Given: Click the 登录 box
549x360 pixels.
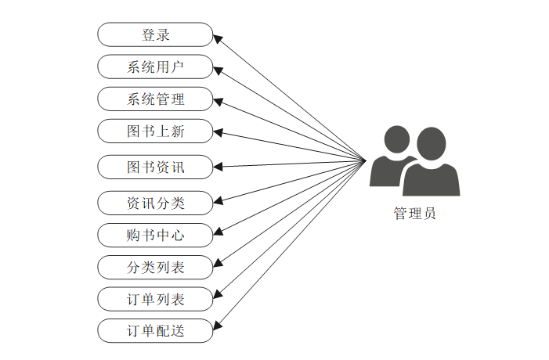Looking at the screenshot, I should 155,34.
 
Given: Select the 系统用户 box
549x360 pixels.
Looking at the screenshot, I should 155,67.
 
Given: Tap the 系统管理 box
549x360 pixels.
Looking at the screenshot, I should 155,99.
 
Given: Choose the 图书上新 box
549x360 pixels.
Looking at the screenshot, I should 155,131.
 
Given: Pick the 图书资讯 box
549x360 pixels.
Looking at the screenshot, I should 155,167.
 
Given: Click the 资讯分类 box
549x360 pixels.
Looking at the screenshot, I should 155,203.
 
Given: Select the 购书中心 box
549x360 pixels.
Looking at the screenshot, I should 155,235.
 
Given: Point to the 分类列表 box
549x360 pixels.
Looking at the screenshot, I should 155,267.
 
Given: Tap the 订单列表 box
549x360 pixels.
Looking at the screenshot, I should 155,299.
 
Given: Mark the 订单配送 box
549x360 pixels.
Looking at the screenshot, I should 155,331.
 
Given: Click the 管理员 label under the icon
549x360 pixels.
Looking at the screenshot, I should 414,214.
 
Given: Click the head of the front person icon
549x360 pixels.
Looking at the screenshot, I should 432,143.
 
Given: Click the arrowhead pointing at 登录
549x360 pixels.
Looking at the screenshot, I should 219,37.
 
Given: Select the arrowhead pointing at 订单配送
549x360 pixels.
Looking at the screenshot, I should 219,327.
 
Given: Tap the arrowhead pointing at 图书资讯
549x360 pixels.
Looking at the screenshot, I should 219,167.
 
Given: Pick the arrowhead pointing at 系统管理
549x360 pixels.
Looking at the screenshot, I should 219,101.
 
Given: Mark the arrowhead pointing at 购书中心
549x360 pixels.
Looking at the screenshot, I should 219,232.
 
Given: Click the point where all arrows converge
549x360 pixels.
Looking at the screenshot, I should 367,161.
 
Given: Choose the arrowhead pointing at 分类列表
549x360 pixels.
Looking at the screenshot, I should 219,264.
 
